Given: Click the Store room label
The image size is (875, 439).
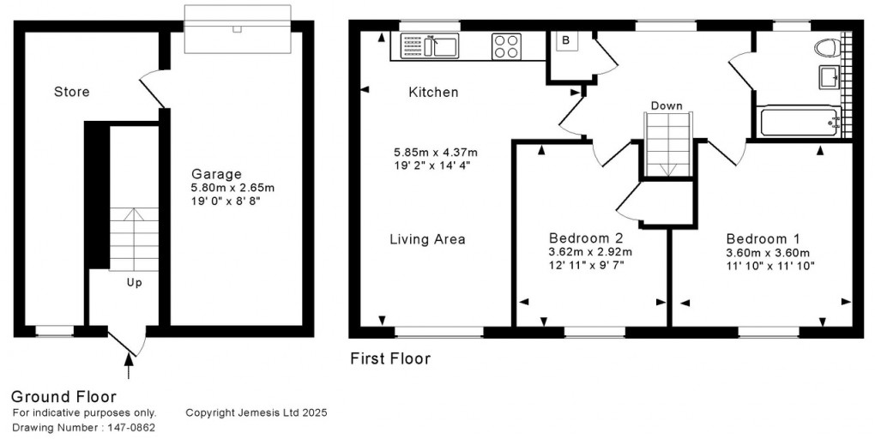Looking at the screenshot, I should (71, 92).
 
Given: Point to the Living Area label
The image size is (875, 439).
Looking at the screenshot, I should (426, 239).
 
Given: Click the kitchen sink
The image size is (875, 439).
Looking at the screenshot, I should (444, 45).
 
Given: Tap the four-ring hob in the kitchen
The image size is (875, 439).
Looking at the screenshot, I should (506, 45).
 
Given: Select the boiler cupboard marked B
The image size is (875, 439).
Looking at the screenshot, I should (565, 40).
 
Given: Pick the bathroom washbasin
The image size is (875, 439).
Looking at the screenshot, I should (830, 77).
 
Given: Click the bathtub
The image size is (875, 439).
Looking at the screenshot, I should (798, 123).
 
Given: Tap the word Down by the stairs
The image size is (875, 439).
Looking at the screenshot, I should (667, 106).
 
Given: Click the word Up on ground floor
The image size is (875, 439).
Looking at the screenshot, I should (134, 282).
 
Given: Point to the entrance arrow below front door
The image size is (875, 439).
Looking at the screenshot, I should (130, 370).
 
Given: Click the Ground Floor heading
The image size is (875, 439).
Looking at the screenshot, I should (63, 396).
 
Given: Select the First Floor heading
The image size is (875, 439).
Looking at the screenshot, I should (390, 358).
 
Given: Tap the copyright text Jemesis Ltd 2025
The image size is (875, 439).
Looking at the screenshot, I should (256, 412).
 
